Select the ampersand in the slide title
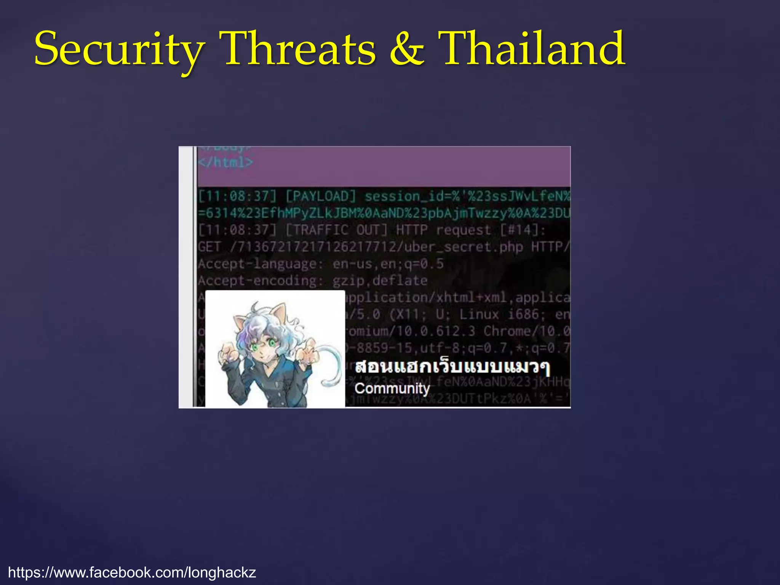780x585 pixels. pyautogui.click(x=407, y=50)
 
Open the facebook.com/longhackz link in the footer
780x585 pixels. pyautogui.click(x=132, y=572)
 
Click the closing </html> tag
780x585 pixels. pyautogui.click(x=225, y=163)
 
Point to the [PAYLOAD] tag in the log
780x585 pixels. pyautogui.click(x=321, y=197)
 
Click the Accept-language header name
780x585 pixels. pyautogui.click(x=257, y=264)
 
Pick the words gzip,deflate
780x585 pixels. pyautogui.click(x=380, y=281)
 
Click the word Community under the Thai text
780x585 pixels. pyautogui.click(x=392, y=388)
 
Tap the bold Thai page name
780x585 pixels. pyautogui.click(x=452, y=367)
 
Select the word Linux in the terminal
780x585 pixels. pyautogui.click(x=479, y=315)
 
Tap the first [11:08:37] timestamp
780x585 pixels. pyautogui.click(x=237, y=197)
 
